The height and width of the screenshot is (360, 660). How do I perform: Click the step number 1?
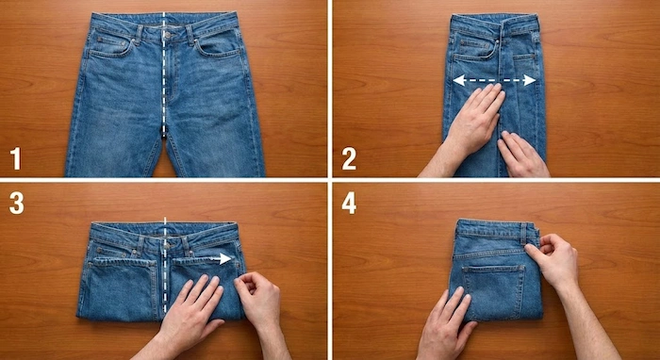pyautogui.click(x=16, y=157)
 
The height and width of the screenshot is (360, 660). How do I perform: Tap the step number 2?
pyautogui.click(x=349, y=158)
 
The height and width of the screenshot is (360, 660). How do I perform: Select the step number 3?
pyautogui.click(x=16, y=204)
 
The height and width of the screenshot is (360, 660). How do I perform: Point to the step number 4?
pyautogui.click(x=349, y=204)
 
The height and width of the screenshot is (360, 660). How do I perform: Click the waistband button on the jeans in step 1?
pyautogui.click(x=168, y=35)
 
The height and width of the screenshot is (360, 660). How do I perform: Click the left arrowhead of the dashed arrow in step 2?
pyautogui.click(x=459, y=80)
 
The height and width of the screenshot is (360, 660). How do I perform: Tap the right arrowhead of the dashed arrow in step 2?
pyautogui.click(x=530, y=80)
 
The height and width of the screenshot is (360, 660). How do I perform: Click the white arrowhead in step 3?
pyautogui.click(x=225, y=258)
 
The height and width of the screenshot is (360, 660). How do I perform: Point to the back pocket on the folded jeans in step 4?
pyautogui.click(x=493, y=291)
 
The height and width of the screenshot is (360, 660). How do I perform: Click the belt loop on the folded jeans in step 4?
pyautogui.click(x=523, y=234)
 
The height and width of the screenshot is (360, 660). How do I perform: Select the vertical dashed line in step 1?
pyautogui.click(x=164, y=74)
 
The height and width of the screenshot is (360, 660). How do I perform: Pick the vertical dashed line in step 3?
pyautogui.click(x=165, y=265)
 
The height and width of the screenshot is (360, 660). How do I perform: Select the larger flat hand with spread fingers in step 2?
pyautogui.click(x=471, y=126)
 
